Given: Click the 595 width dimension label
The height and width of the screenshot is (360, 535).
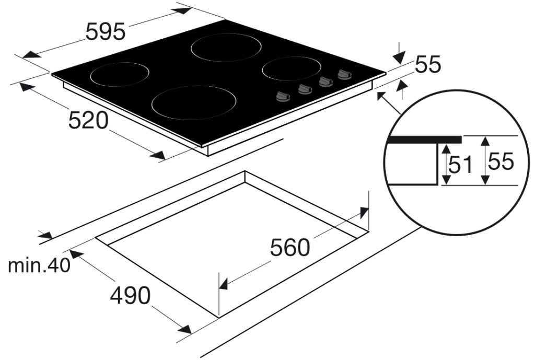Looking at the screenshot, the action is tap(106, 32).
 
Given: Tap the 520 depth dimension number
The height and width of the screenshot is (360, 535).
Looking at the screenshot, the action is tap(88, 121).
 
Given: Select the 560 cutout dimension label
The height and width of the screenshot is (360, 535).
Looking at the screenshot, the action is tap(290, 247).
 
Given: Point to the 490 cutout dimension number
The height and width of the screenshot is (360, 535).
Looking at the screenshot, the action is tap(130, 296).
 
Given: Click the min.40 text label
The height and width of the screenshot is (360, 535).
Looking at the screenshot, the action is tap(39, 265).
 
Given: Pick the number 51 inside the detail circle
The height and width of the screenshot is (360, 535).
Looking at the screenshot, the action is tap(460, 165).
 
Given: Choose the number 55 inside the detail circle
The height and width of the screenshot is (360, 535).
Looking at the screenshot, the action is tap(501, 161).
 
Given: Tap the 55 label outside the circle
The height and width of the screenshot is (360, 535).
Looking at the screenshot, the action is tap(428, 64).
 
